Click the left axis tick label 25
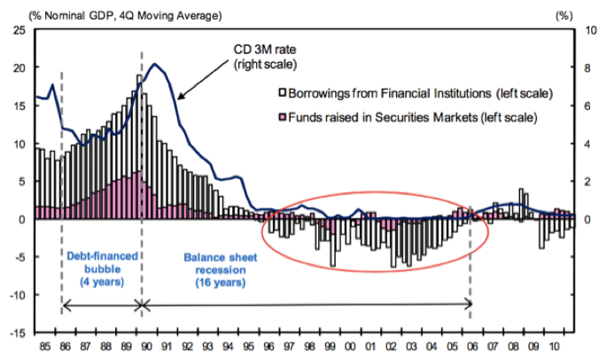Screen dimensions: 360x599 [x=18, y=29]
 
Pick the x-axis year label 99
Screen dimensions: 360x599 [x=330, y=347]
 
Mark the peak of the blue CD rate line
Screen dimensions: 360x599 [x=156, y=64]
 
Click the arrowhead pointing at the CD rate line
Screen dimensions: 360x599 [x=179, y=96]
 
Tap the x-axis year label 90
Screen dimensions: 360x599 [x=145, y=347]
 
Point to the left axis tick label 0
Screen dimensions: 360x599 [x=23, y=219]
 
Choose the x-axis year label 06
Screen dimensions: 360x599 [x=474, y=347]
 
